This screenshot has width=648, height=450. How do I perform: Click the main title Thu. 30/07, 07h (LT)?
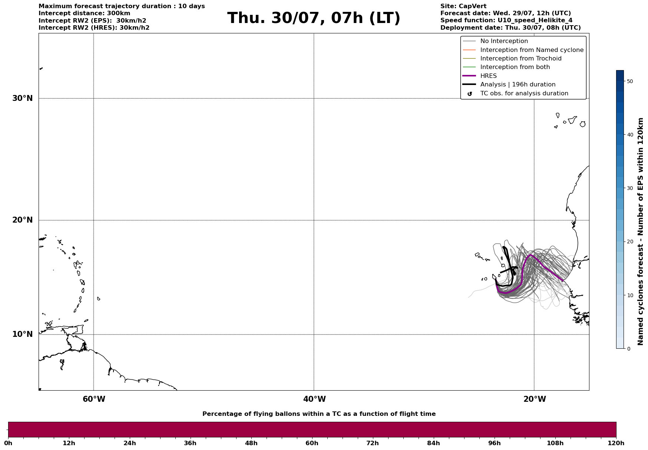[x=314, y=18]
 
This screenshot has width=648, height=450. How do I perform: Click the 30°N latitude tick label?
[x=22, y=98]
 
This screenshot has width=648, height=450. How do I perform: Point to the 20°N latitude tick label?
[x=22, y=220]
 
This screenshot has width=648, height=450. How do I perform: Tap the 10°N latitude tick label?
[x=22, y=334]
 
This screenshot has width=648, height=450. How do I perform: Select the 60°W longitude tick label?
[x=94, y=399]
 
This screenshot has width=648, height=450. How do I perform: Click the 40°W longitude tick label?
[x=314, y=399]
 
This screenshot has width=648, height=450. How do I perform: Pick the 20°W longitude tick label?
[x=535, y=399]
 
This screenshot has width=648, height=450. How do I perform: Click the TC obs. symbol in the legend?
[x=470, y=94]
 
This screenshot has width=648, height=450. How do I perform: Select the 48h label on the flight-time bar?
[x=251, y=443]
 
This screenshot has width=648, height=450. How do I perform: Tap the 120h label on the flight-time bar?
[x=616, y=443]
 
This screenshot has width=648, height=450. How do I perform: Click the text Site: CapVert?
[x=463, y=6]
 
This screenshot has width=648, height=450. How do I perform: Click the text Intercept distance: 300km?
[x=85, y=13]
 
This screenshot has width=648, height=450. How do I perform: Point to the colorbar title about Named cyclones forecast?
[x=641, y=231]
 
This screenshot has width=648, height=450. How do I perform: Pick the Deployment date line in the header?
[x=510, y=28]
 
